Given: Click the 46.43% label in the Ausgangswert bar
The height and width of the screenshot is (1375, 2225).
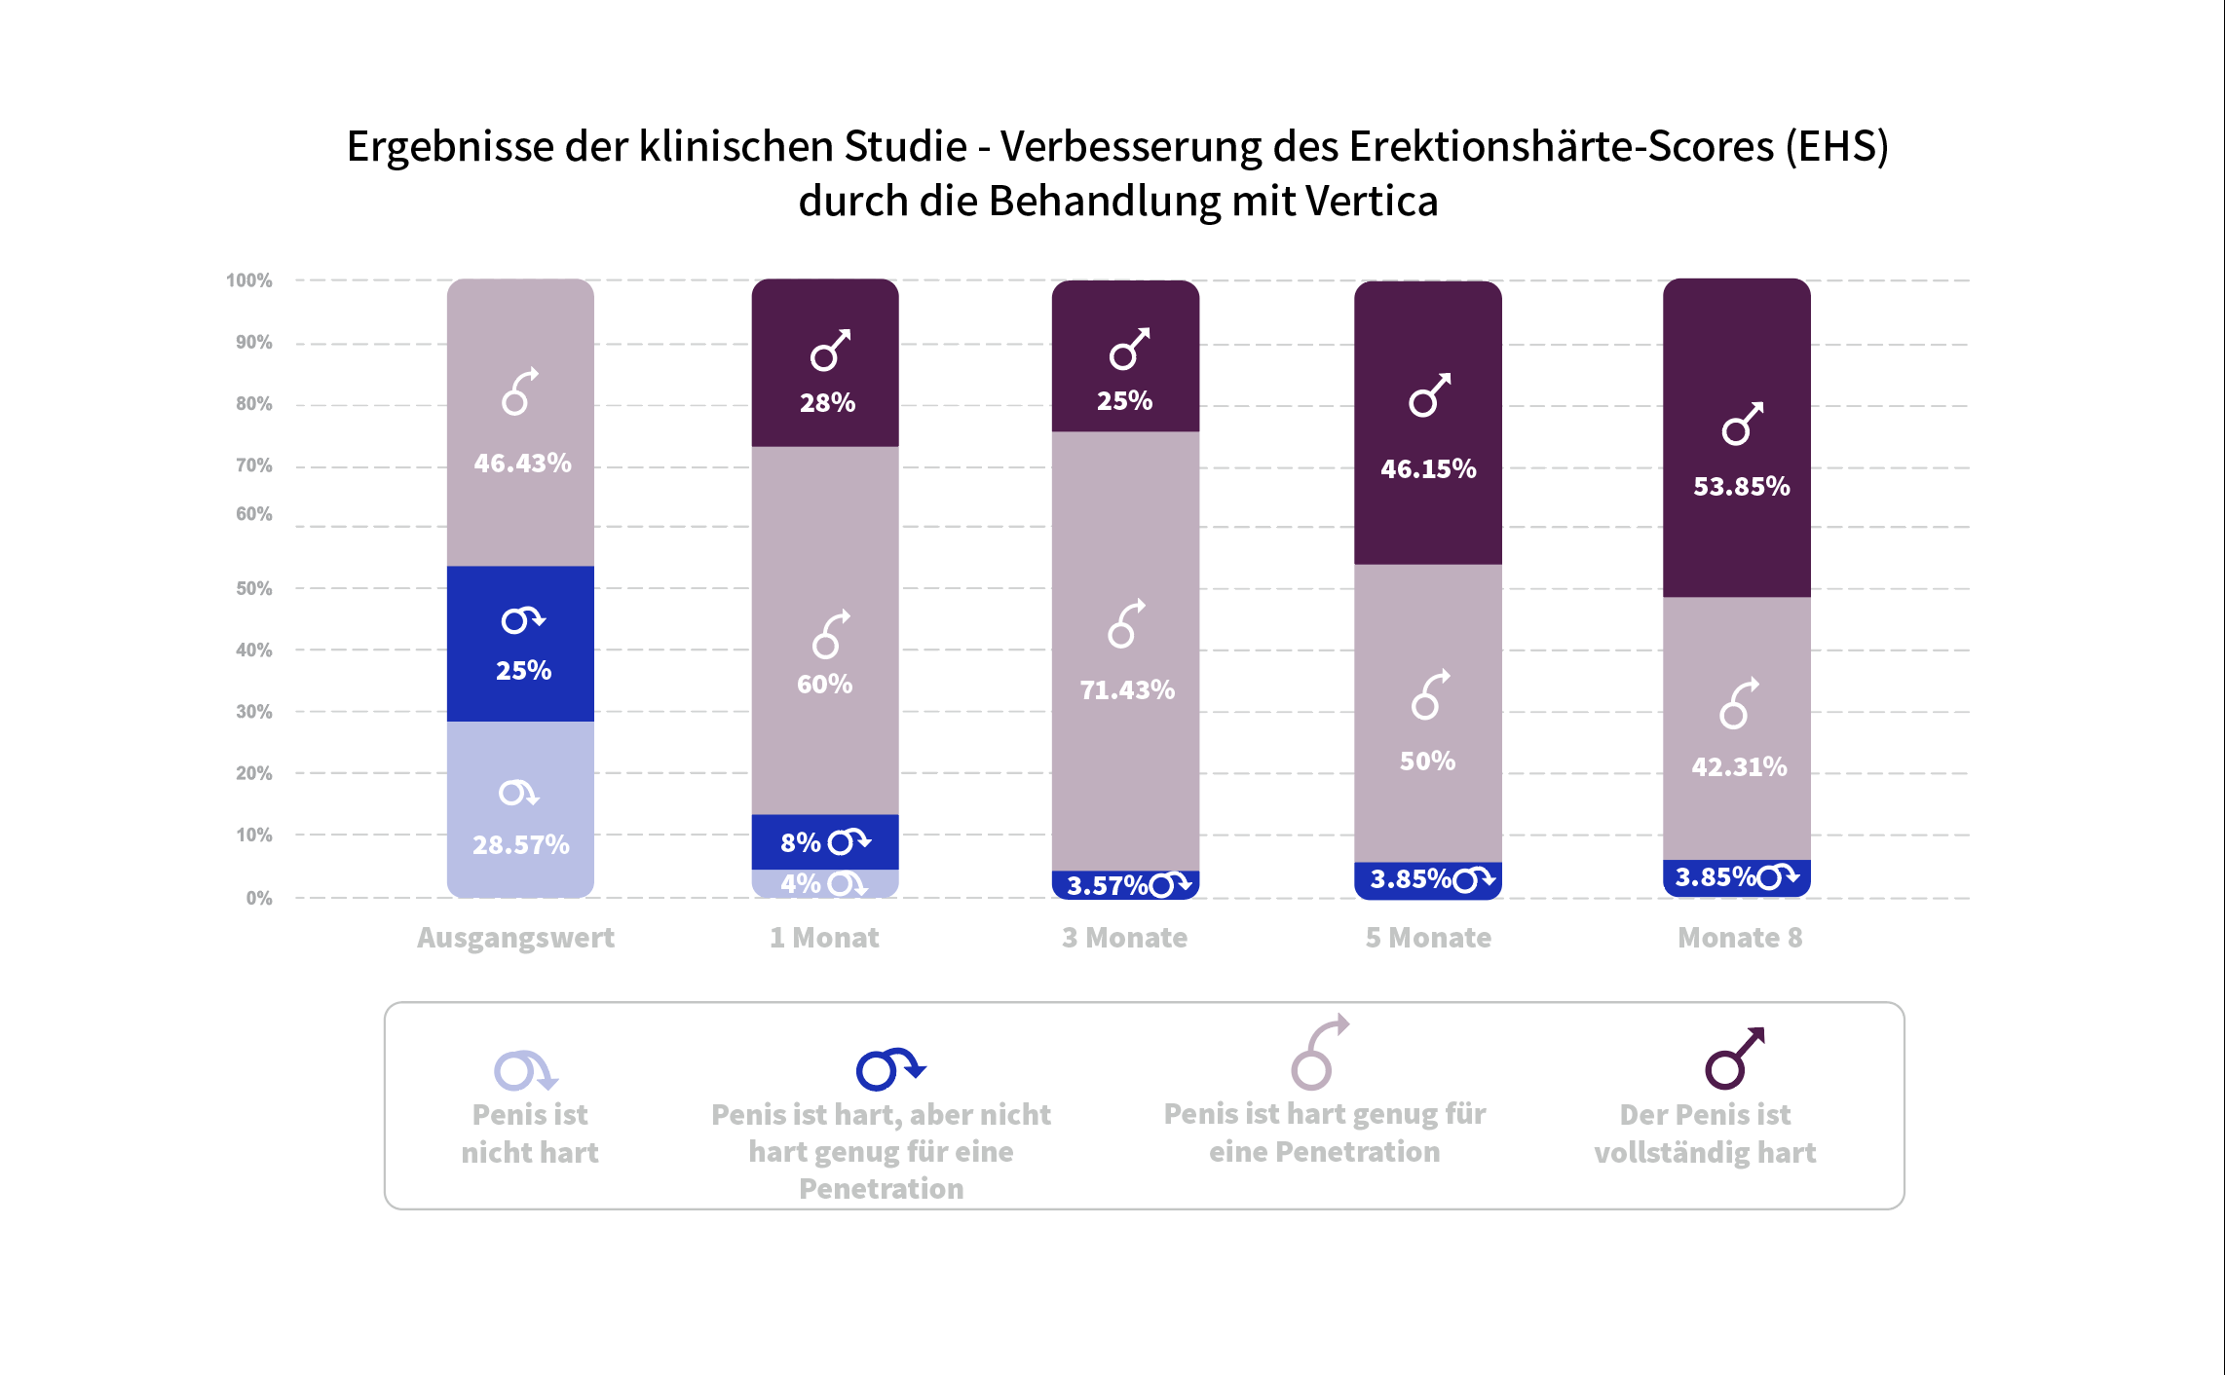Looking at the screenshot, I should [x=522, y=464].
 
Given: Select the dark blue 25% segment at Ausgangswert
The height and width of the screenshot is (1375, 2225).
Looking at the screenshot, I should [x=521, y=644].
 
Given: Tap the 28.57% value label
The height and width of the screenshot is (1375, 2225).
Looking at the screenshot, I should [x=521, y=845].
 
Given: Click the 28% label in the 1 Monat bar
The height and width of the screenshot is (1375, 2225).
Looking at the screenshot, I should [x=827, y=403].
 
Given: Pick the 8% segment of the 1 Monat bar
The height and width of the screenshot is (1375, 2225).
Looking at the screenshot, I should [x=825, y=841].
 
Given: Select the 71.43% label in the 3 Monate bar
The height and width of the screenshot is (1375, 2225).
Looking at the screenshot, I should [x=1127, y=690].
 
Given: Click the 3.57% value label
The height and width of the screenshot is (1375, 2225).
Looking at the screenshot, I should [x=1108, y=886].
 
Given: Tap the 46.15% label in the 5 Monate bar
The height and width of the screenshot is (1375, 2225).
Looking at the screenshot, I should [x=1428, y=469].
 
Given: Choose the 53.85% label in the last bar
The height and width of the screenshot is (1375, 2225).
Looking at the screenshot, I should [x=1741, y=487].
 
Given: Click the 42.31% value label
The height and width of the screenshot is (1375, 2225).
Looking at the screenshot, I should [x=1739, y=767].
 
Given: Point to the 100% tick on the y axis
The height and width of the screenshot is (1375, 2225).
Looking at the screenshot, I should [x=249, y=280].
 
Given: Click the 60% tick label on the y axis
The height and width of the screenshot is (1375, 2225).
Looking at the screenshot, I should [x=253, y=514].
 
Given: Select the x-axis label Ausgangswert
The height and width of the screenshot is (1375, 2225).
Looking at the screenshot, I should [x=515, y=938].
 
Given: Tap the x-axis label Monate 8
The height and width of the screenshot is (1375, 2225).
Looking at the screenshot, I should [x=1740, y=938].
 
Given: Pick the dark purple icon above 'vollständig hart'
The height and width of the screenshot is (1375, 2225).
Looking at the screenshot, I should [x=1734, y=1059].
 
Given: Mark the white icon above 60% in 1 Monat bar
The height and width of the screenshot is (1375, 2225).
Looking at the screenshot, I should [x=831, y=634].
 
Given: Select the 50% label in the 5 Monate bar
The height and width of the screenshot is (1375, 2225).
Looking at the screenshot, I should [x=1427, y=762].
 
